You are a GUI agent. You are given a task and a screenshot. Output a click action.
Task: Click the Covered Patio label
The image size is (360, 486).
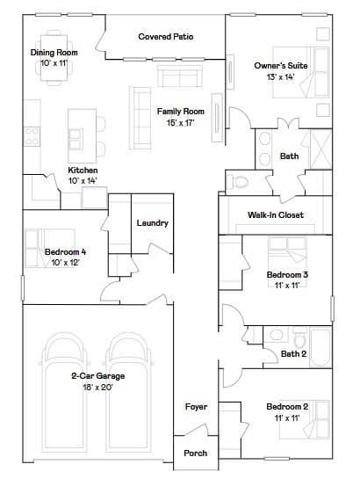(x=166, y=37)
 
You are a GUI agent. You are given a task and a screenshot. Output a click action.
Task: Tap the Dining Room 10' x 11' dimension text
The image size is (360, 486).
(x=54, y=63)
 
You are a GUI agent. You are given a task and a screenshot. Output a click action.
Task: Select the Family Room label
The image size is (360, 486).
(x=181, y=112)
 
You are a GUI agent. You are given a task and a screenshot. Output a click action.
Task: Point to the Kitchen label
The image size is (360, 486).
(x=83, y=170)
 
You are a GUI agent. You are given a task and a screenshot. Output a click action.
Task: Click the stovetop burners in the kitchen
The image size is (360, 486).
(x=32, y=137)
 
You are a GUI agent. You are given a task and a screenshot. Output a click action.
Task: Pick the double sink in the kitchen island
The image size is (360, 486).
(x=76, y=139)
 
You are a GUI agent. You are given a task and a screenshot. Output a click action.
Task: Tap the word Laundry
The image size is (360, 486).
(x=153, y=223)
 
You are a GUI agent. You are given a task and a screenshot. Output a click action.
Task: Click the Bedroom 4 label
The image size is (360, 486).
(x=65, y=251)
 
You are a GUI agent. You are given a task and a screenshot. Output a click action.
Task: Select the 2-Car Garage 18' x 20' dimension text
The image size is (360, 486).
(x=97, y=387)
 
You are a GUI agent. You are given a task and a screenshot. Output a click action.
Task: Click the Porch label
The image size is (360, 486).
(x=195, y=453)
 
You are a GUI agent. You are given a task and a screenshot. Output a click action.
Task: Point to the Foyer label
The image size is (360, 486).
(x=196, y=407)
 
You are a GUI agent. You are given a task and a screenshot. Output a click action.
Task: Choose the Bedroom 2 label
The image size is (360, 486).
(x=287, y=407)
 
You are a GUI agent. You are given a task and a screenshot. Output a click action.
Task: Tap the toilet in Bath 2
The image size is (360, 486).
(x=299, y=338)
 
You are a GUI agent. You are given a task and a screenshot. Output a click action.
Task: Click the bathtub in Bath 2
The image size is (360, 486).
(x=320, y=347)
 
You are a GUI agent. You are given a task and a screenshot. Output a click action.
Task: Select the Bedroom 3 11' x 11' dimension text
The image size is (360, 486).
(x=287, y=285)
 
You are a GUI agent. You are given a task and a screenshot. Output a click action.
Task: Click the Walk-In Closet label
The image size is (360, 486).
(x=276, y=214)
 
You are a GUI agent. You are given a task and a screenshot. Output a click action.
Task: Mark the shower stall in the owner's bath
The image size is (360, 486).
(x=321, y=149)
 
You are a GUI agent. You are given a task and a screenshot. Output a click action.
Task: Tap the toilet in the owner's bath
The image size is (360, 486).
(x=238, y=182)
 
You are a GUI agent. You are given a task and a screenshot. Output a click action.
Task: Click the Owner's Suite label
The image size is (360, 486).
(x=281, y=66)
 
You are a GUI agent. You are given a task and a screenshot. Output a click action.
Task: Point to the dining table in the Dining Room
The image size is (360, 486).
(x=54, y=58)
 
